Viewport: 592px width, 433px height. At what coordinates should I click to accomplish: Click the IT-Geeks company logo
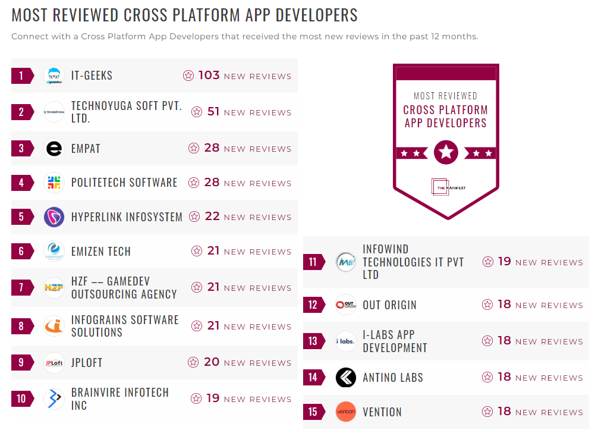(x=54, y=76)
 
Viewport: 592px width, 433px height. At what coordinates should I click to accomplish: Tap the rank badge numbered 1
(x=22, y=76)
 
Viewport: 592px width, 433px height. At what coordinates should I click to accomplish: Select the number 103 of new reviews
(x=209, y=76)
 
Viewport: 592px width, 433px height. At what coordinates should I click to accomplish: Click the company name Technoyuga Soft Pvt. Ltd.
(x=127, y=112)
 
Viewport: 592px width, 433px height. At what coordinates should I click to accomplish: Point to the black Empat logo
(x=54, y=148)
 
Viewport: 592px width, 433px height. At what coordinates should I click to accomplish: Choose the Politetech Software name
(x=124, y=183)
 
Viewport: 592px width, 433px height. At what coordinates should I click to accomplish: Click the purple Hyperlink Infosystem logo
(x=54, y=217)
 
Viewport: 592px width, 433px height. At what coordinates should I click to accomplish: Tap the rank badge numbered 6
(x=22, y=251)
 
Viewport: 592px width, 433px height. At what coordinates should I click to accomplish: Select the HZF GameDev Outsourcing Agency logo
(x=54, y=287)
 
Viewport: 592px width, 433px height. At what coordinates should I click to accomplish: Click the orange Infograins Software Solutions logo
(x=54, y=326)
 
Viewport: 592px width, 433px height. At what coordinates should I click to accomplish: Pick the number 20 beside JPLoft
(x=212, y=362)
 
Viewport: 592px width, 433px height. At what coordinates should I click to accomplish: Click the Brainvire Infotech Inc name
(x=120, y=399)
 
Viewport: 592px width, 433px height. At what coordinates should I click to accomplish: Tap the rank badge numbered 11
(x=313, y=262)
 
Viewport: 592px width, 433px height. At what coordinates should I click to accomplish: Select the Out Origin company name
(x=389, y=305)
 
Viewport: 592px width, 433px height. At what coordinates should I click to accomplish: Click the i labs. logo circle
(x=346, y=341)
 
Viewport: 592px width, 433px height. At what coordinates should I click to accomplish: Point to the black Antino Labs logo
(x=346, y=377)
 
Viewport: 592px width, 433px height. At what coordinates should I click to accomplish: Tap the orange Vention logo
(x=346, y=412)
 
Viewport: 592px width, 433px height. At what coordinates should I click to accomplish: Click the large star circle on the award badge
(x=446, y=153)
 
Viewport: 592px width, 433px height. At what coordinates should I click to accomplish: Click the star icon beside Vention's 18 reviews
(x=487, y=412)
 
